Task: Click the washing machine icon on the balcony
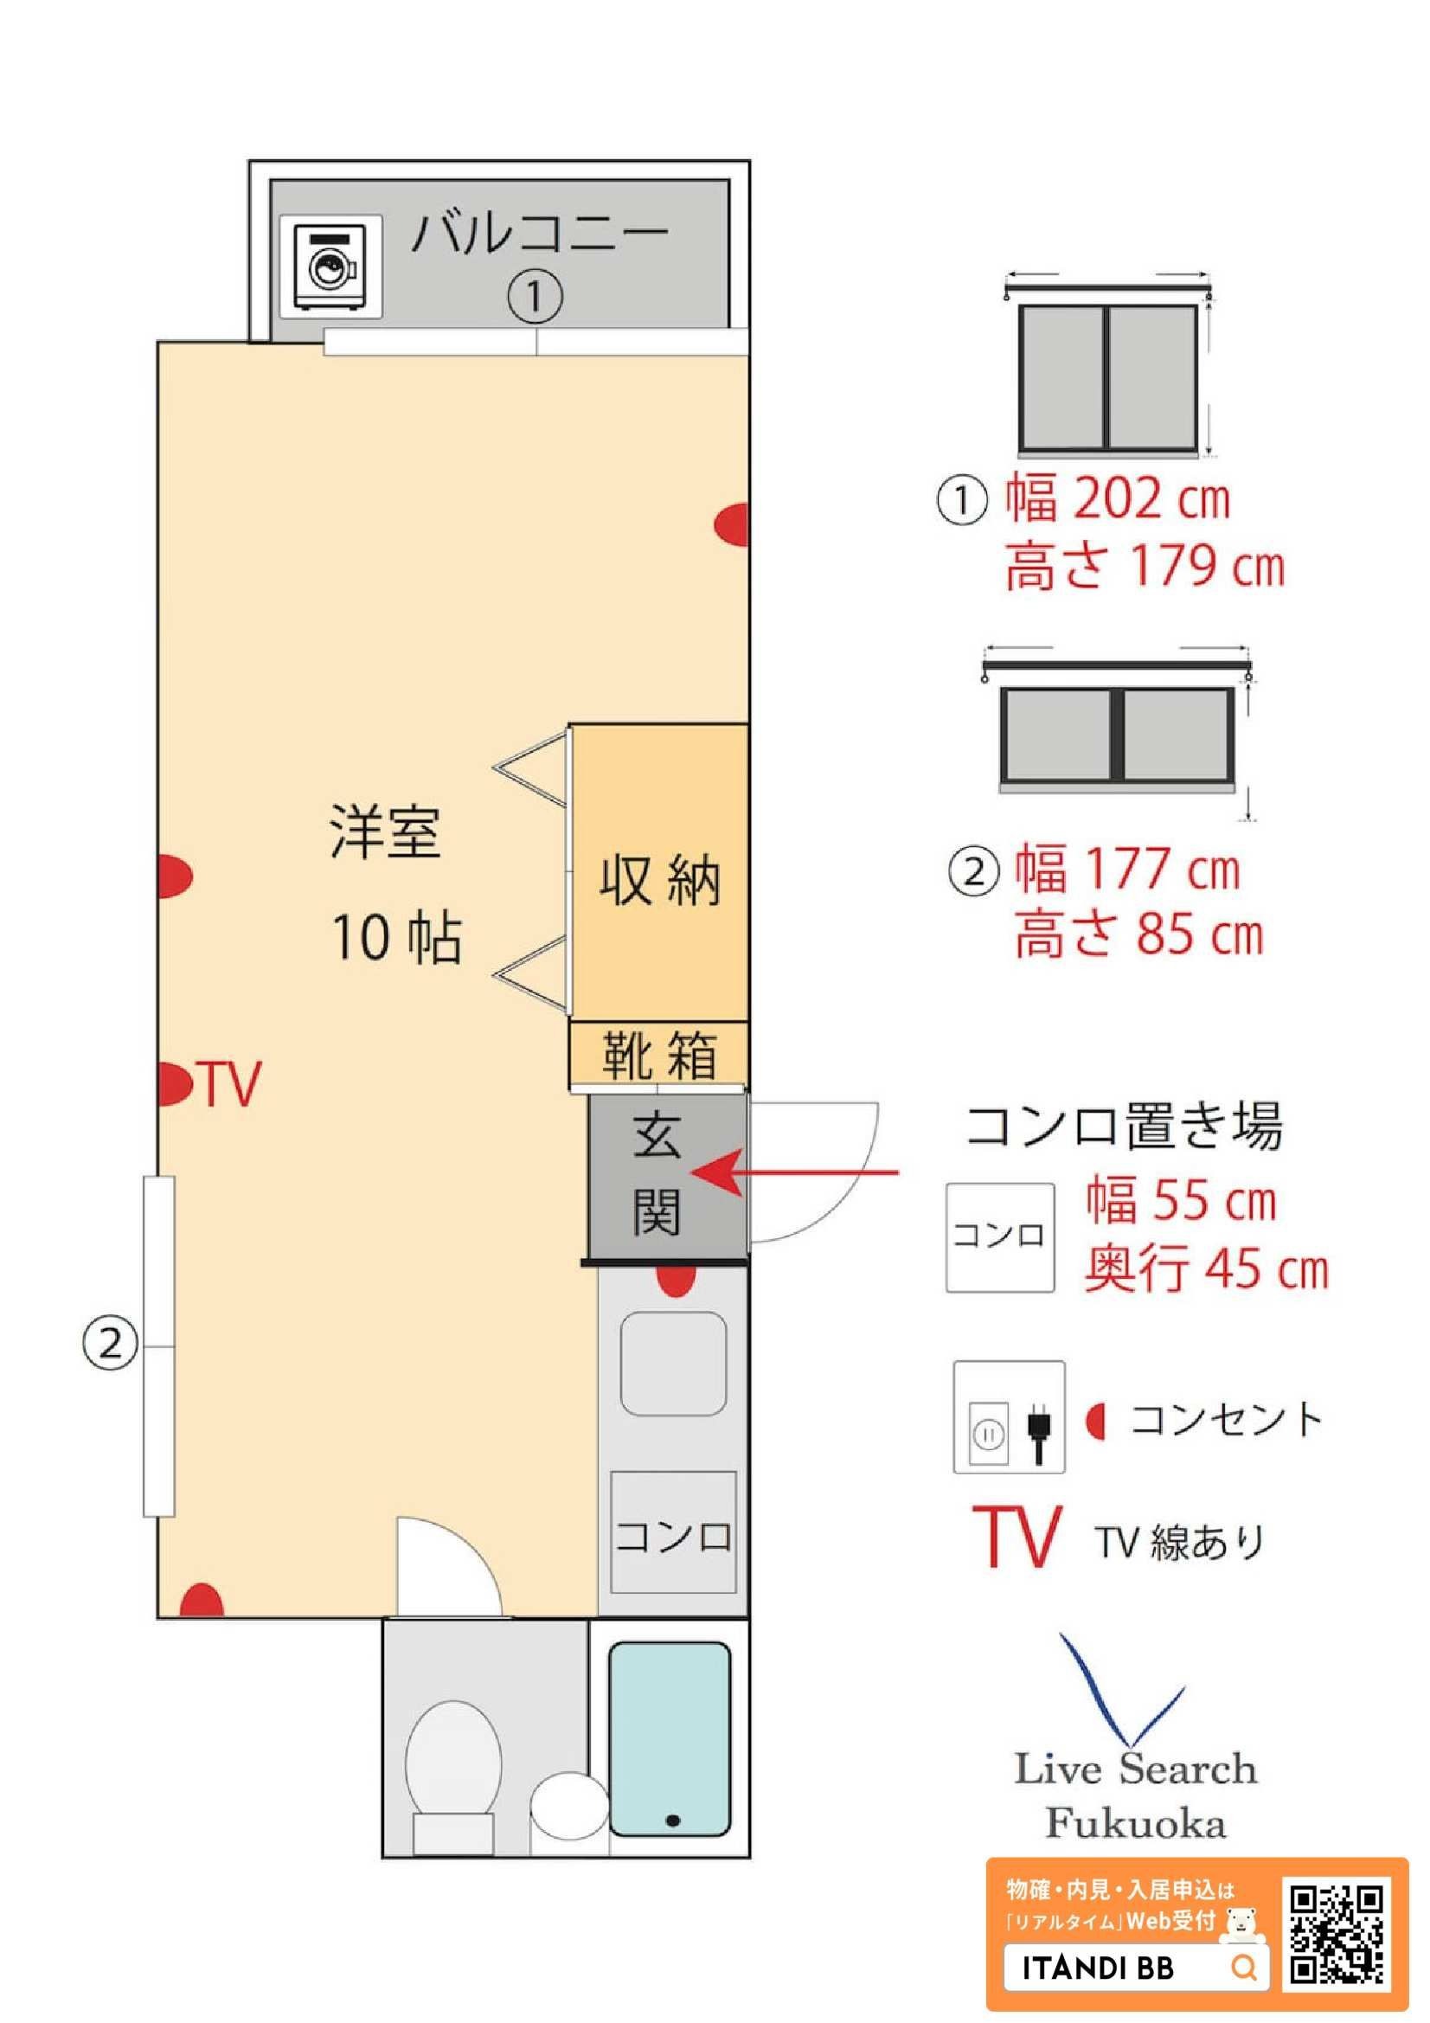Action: (x=331, y=267)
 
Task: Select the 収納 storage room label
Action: (x=660, y=878)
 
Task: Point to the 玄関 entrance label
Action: (x=657, y=1176)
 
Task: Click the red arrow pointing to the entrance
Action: (x=795, y=1172)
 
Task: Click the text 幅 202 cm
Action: (x=1118, y=498)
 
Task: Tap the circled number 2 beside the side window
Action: (x=110, y=1345)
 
